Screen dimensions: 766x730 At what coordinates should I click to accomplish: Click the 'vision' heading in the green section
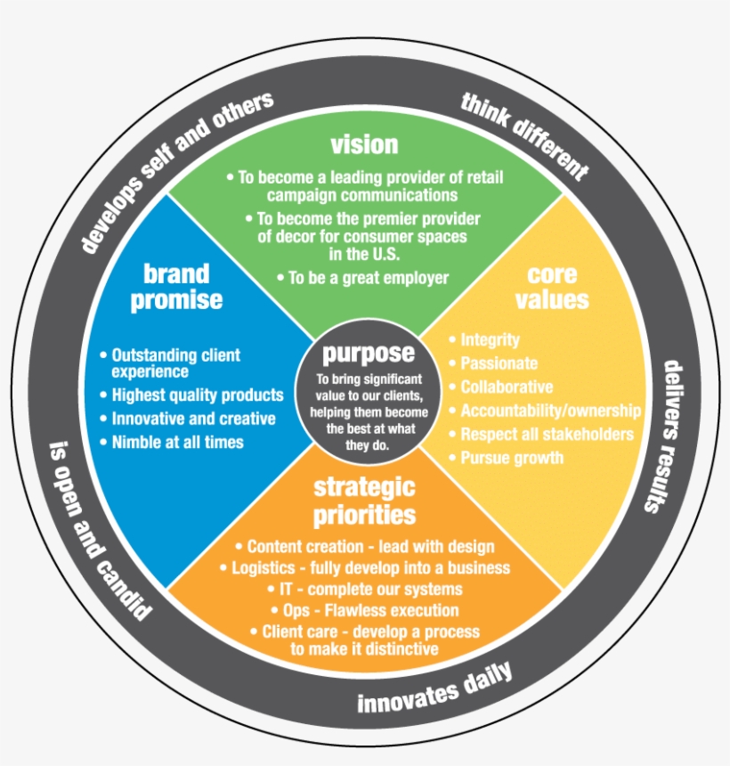(x=363, y=144)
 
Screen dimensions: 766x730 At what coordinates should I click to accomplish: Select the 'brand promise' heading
(x=176, y=286)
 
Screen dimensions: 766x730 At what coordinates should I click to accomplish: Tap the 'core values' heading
(x=551, y=286)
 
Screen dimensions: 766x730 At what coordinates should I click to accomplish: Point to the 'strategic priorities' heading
(x=363, y=501)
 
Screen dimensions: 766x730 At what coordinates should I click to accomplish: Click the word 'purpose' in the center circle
(x=368, y=354)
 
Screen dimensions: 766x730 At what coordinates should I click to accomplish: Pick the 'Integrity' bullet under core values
(x=490, y=340)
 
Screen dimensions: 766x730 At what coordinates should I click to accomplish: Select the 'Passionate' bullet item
(x=499, y=363)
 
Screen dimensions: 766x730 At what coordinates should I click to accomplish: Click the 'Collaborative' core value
(x=506, y=387)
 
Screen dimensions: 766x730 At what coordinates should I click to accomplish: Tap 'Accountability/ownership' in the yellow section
(x=549, y=411)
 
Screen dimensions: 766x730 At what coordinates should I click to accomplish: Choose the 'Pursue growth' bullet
(x=511, y=458)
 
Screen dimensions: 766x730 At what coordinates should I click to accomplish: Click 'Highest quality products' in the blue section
(x=197, y=395)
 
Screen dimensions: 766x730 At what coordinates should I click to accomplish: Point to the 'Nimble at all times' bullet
(x=177, y=441)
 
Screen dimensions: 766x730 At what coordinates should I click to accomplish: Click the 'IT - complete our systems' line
(x=365, y=589)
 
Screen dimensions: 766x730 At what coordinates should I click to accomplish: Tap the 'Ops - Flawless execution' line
(x=365, y=610)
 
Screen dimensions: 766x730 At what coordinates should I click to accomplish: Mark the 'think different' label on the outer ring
(x=525, y=134)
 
